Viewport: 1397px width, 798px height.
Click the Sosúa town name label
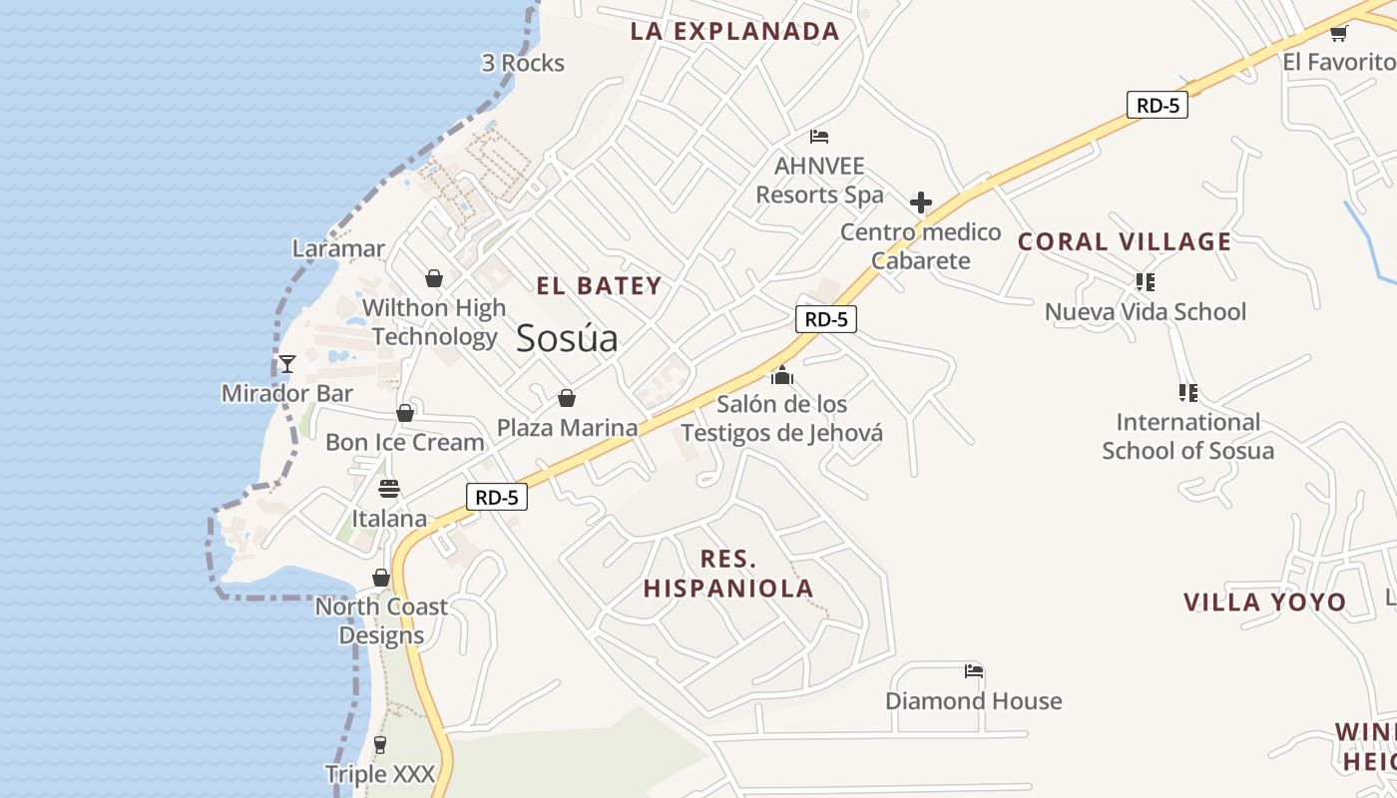[x=567, y=339]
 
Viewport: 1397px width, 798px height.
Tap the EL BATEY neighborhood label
[x=599, y=286]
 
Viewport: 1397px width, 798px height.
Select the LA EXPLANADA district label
[x=734, y=31]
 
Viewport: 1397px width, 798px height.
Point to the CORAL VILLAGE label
[x=1125, y=241]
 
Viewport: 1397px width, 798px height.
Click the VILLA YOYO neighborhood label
[x=1264, y=602]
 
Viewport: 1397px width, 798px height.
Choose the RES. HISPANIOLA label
[x=728, y=574]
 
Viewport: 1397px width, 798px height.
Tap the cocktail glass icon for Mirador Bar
[x=287, y=364]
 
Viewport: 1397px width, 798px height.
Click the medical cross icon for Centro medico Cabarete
[x=921, y=203]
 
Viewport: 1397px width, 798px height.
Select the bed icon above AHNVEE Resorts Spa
[x=819, y=137]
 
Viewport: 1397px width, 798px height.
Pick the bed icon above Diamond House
[x=974, y=671]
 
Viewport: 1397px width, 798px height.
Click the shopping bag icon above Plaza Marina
[x=567, y=399]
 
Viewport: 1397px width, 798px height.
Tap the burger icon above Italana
[x=389, y=489]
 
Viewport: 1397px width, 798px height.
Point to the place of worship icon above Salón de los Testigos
[x=782, y=375]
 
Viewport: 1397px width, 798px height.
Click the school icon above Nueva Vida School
[x=1145, y=282]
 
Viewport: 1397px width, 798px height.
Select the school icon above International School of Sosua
[x=1187, y=393]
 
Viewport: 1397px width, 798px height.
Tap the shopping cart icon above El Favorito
[x=1338, y=34]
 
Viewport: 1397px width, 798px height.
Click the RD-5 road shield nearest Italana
[x=496, y=497]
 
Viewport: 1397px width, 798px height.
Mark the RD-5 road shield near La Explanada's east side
[x=1158, y=105]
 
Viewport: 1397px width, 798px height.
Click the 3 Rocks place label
[x=523, y=63]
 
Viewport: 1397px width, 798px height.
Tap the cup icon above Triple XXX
[x=379, y=744]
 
